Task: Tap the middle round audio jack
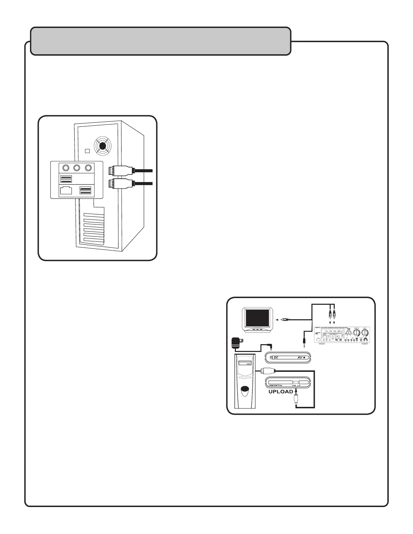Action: [x=77, y=168]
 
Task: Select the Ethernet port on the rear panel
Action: [x=66, y=191]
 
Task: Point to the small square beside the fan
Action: [x=87, y=151]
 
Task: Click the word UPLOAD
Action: [x=281, y=392]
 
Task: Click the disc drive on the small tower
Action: [x=245, y=364]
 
